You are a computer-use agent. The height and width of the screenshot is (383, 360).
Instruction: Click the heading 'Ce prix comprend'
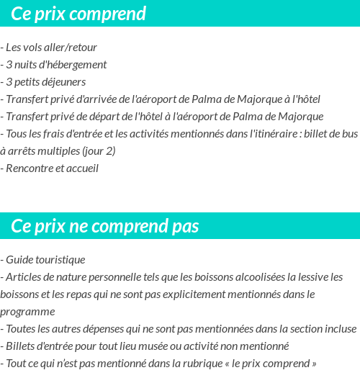pos(78,14)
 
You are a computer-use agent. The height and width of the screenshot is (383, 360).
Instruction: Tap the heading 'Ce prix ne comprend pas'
pos(105,226)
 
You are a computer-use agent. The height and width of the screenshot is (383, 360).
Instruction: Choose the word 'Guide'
pos(19,259)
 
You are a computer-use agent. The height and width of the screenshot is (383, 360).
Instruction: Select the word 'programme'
pos(27,311)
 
